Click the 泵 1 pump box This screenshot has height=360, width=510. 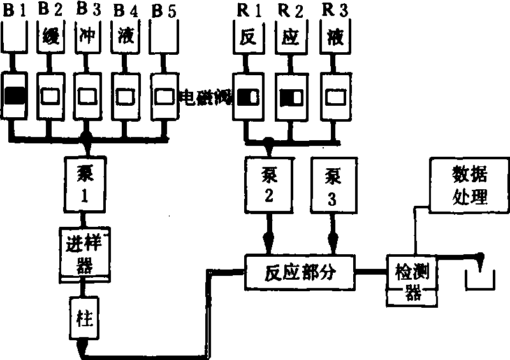pos(86,184)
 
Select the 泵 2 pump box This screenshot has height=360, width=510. pos(269,185)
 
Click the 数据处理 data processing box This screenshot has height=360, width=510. pos(469,185)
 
